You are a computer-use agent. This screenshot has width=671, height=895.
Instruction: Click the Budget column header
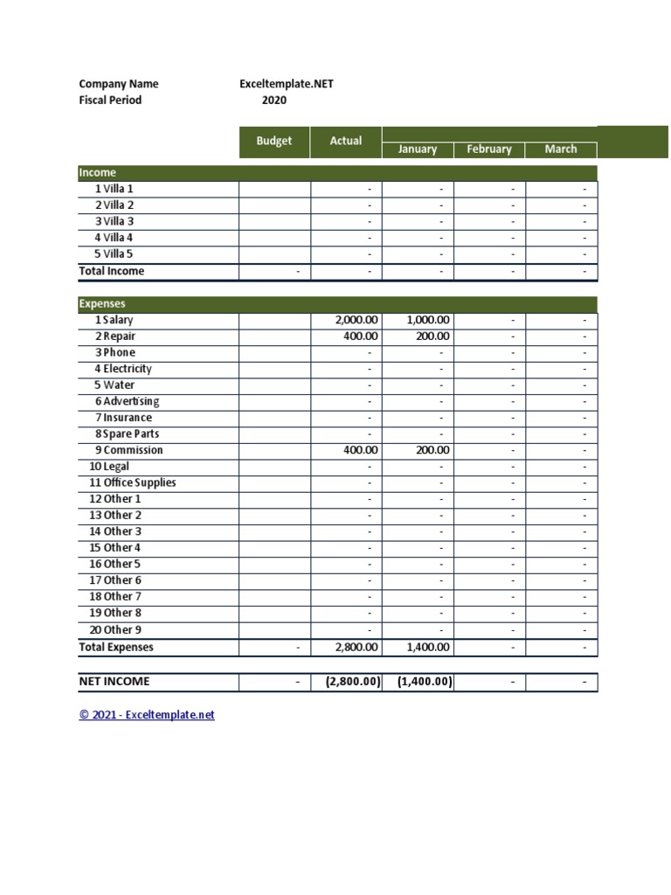[274, 142]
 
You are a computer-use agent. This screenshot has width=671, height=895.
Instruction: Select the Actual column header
[346, 142]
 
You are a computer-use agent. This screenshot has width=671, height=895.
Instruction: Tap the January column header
[417, 149]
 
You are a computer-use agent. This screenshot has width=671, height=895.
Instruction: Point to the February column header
[489, 149]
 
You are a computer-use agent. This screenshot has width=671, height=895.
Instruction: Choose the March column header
[561, 149]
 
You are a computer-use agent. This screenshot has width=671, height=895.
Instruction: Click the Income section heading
[98, 173]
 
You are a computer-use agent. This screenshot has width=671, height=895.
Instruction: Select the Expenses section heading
[102, 304]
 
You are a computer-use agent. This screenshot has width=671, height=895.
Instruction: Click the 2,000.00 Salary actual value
[356, 321]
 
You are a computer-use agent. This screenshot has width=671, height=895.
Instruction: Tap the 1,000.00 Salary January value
[428, 321]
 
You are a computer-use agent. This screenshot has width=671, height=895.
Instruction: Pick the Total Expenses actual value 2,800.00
[356, 648]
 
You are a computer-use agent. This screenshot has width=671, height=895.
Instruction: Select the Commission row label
[128, 450]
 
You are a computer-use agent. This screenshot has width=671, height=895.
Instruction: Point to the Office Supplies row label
[132, 483]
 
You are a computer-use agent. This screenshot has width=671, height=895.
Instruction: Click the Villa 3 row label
[114, 222]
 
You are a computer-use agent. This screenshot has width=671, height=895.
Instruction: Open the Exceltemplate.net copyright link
[147, 715]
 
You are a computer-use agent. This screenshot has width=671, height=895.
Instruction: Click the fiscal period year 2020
[274, 101]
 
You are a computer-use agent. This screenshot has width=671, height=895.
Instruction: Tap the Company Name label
[119, 85]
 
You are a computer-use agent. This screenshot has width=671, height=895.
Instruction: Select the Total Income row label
[112, 271]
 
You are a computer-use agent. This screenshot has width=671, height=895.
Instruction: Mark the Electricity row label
[123, 369]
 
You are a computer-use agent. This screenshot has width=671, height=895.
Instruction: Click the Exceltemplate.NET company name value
[287, 85]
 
